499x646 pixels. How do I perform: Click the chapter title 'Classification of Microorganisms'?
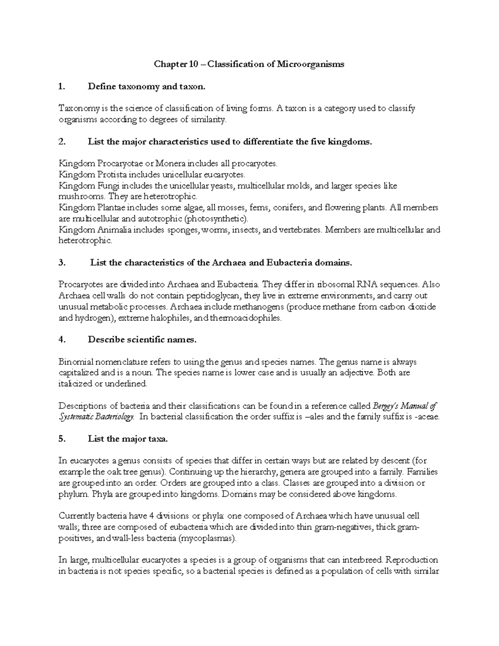coord(276,64)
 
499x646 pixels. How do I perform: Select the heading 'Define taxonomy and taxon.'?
coord(146,87)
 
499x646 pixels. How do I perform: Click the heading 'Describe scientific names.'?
coord(142,340)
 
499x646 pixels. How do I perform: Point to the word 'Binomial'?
coord(75,362)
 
